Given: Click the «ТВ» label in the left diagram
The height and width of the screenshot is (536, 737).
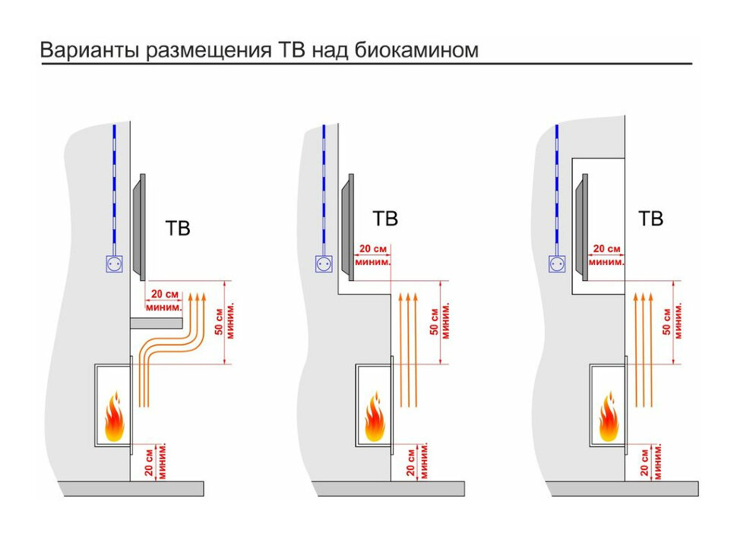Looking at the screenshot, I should [x=178, y=229].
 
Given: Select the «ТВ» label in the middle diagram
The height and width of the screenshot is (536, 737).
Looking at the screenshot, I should [x=385, y=219].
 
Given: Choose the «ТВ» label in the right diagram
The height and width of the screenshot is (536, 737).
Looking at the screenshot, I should [x=650, y=219].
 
